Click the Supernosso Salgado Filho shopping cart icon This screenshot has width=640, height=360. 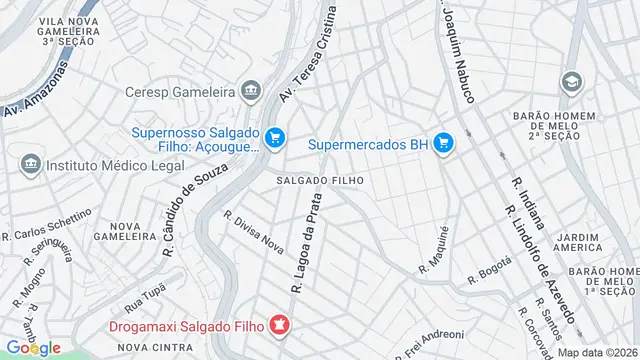pyautogui.click(x=277, y=138)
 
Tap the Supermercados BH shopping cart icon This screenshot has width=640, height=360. pyautogui.click(x=443, y=144)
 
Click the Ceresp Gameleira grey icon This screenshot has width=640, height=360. pyautogui.click(x=250, y=92)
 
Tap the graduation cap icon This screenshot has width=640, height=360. pyautogui.click(x=572, y=81)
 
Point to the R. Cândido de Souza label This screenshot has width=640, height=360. pyautogui.click(x=188, y=204)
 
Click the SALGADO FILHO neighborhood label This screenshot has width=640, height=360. pyautogui.click(x=313, y=180)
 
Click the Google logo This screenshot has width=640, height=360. pyautogui.click(x=33, y=348)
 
